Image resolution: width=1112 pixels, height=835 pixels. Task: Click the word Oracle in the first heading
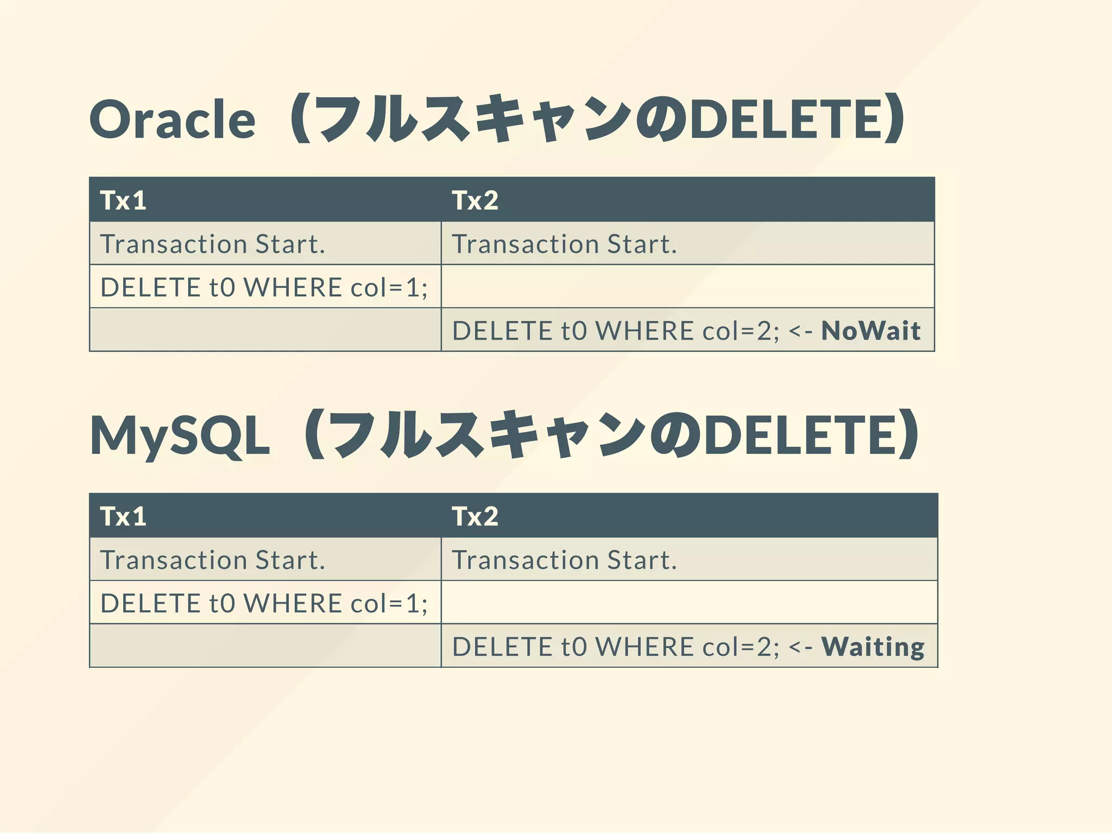[172, 119]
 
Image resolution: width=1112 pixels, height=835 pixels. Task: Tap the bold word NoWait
[870, 331]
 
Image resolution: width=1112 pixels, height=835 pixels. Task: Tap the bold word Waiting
[873, 647]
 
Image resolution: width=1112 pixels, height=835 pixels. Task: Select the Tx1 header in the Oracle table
[123, 200]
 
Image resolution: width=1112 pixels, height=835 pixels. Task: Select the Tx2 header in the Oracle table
[475, 200]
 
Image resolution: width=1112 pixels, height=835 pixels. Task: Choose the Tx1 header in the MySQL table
[123, 516]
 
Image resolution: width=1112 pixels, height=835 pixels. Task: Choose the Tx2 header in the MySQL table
[475, 516]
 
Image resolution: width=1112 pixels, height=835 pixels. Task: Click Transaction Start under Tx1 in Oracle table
[212, 244]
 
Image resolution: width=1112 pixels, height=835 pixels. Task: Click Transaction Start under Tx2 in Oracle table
[564, 244]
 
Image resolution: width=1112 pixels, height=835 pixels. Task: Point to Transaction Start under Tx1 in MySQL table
[212, 560]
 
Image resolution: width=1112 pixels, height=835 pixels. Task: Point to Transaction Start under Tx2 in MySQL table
[564, 560]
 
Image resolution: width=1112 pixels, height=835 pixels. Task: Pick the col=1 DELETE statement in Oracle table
[264, 287]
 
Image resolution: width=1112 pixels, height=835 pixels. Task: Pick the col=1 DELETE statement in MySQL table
[264, 603]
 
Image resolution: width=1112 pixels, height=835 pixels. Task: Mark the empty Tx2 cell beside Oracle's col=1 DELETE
[687, 287]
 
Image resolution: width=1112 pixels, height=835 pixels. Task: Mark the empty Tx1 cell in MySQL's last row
[265, 646]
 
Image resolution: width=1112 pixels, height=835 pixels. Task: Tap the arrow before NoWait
[800, 331]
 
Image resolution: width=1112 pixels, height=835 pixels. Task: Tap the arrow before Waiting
[800, 647]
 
